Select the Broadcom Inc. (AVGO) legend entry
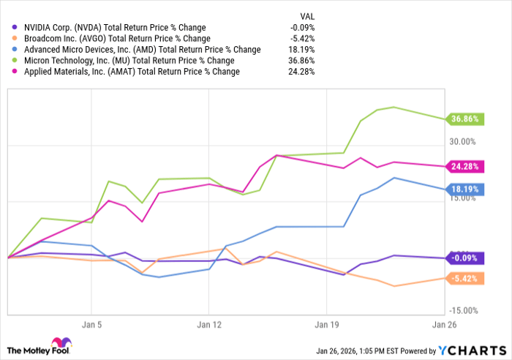[x=117, y=39]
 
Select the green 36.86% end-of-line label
[x=464, y=119]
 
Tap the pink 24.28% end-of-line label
[x=464, y=166]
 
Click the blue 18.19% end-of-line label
[x=464, y=189]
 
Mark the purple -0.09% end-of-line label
[x=464, y=258]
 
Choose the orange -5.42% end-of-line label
[x=464, y=278]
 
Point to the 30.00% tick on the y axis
[x=462, y=141]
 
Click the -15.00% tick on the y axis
[x=462, y=310]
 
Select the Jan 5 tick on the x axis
[x=91, y=322]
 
